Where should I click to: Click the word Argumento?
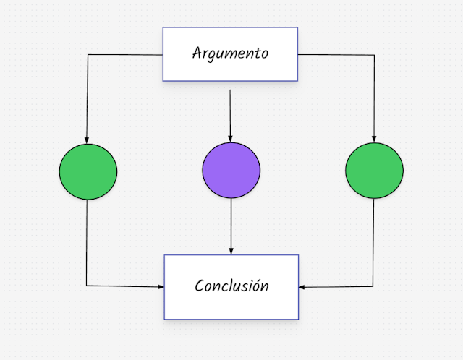[230, 53]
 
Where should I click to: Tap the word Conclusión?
[231, 286]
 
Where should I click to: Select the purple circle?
[231, 171]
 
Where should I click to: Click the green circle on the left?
[88, 171]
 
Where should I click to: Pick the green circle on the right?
[374, 171]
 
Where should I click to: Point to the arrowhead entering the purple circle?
[231, 138]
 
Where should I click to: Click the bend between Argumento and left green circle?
[88, 54]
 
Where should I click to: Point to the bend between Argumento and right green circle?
[374, 54]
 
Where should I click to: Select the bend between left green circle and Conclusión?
[88, 286]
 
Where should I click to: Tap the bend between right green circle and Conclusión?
[374, 287]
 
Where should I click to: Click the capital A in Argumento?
[197, 53]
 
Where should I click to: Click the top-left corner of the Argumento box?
[163, 28]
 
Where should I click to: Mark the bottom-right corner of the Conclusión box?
[298, 319]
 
